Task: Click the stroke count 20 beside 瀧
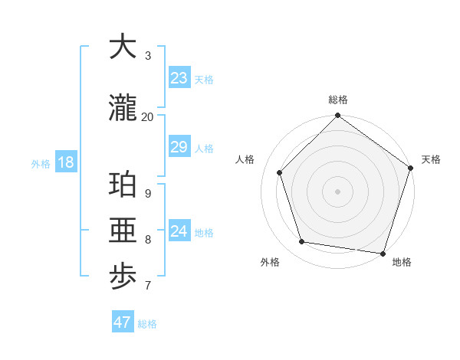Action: click(x=147, y=116)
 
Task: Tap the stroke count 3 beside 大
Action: click(x=147, y=55)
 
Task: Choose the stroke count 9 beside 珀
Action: click(x=147, y=194)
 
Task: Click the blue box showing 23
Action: click(x=179, y=78)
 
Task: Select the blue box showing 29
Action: click(x=179, y=147)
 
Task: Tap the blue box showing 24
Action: click(x=179, y=231)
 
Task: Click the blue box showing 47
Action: click(x=123, y=322)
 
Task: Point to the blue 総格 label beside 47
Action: click(x=147, y=324)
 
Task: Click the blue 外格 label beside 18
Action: click(x=41, y=164)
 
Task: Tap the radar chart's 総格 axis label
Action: click(x=337, y=100)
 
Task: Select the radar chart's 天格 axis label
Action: click(x=431, y=159)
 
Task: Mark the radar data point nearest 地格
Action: click(x=383, y=253)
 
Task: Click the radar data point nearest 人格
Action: click(x=280, y=172)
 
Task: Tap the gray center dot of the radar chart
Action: click(x=337, y=191)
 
